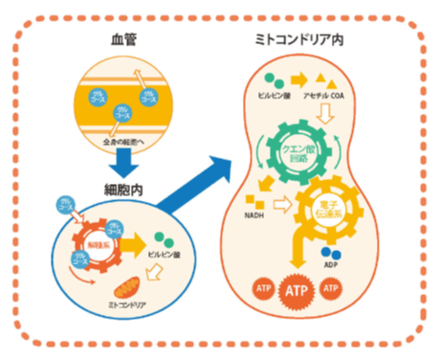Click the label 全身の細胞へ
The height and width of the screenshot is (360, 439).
[x=128, y=142]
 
